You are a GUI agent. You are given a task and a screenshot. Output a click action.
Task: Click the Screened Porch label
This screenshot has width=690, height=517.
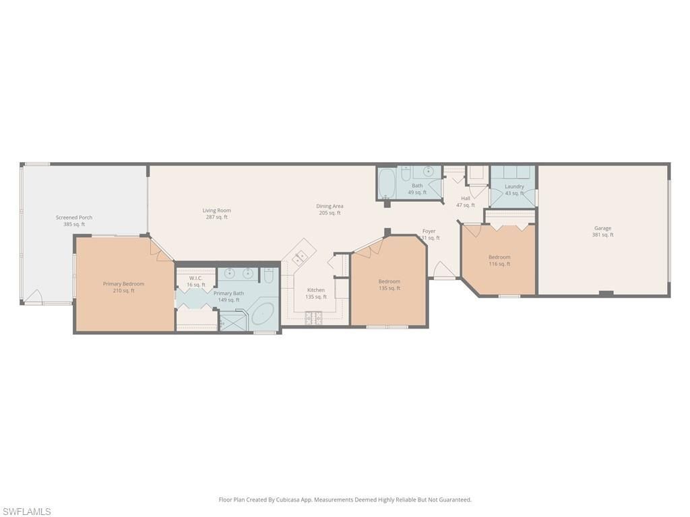pos(74,217)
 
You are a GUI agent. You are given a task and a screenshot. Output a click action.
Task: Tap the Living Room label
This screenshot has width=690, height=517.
pos(216,211)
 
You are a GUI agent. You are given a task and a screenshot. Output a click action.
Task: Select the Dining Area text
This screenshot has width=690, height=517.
pos(330,206)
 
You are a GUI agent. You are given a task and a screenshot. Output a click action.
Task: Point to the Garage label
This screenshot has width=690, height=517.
pos(602,228)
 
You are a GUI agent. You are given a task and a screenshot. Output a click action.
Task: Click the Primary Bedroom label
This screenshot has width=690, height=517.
pos(123,284)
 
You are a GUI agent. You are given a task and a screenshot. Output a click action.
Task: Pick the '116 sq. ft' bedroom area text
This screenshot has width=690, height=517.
pos(499,264)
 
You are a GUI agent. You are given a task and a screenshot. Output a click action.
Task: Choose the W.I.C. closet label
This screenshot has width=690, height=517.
pos(196,278)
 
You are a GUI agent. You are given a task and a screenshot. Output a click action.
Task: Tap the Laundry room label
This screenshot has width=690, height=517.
pos(514,186)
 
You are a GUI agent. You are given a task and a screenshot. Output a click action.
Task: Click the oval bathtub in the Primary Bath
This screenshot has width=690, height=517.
pos(263,314)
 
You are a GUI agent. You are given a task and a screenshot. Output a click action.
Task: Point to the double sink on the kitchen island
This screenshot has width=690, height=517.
pos(300,256)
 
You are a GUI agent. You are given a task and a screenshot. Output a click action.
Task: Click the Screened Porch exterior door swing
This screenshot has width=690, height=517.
pos(34,297)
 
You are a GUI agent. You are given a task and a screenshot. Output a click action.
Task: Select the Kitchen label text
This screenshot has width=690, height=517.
pos(315,290)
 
